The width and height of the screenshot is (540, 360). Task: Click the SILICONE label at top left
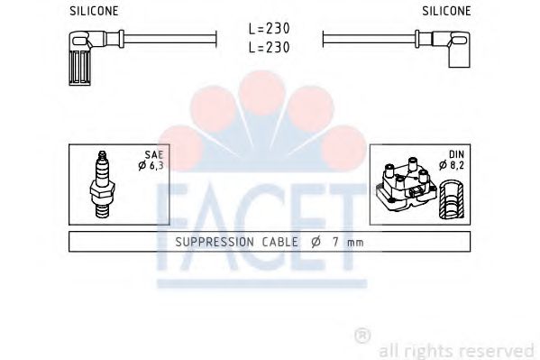tap(94, 11)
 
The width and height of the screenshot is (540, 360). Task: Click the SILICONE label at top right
tap(446, 11)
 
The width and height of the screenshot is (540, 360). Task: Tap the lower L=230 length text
tap(270, 48)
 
